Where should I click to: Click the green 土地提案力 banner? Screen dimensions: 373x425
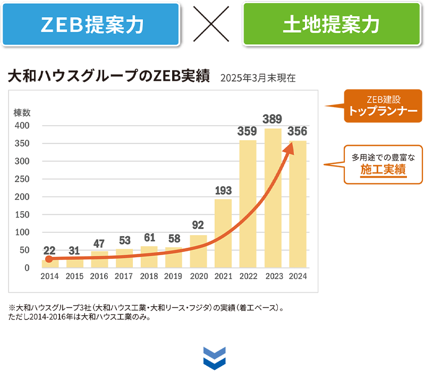[x=331, y=24]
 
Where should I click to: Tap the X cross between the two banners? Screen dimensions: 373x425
[x=211, y=24]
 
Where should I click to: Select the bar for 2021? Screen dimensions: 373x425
[x=223, y=233]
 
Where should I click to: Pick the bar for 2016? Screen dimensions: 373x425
[x=99, y=259]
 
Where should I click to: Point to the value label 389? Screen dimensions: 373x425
[x=273, y=119]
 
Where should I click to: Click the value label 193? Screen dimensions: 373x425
[x=223, y=190]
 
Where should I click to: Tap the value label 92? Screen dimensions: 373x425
[x=198, y=225]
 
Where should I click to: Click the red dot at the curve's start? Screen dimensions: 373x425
[x=49, y=259]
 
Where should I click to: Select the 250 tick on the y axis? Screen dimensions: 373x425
[x=22, y=179]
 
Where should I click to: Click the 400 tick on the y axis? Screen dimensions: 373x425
[x=22, y=126]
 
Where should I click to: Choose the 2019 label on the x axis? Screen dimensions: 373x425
[x=174, y=276]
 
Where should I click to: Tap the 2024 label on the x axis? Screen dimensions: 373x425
[x=297, y=276]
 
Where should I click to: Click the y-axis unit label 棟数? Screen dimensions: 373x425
[x=22, y=112]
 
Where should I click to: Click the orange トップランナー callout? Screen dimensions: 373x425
[x=382, y=106]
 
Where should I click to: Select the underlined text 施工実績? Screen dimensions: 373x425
[x=382, y=170]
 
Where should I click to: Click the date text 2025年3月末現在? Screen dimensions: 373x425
[x=257, y=78]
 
